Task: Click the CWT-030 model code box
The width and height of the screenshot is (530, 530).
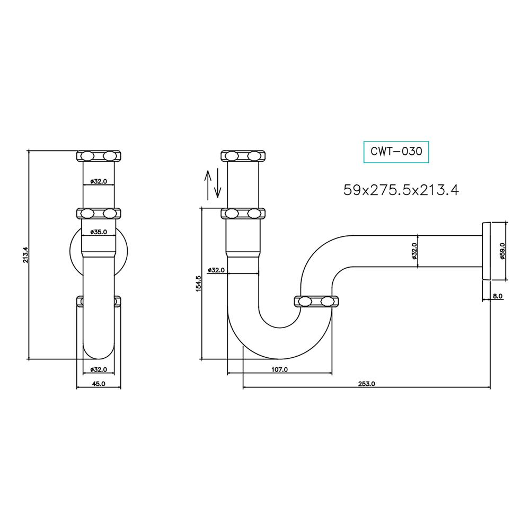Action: [396, 152]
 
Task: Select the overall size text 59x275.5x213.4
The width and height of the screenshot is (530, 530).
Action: [401, 190]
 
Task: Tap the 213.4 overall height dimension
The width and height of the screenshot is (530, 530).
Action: [24, 255]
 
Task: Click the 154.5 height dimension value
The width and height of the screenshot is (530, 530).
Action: [198, 284]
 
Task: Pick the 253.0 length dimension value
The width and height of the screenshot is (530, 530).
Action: [366, 384]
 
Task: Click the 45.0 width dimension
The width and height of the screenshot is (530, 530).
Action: [99, 384]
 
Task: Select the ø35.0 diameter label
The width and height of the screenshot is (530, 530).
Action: [99, 232]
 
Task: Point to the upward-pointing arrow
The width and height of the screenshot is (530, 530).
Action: [208, 184]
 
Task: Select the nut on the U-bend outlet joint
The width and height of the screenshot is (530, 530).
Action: [316, 302]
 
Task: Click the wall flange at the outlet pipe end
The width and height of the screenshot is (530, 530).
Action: [487, 250]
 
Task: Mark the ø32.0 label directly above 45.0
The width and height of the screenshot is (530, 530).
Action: [99, 369]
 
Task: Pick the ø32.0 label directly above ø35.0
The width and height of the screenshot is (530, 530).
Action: [99, 181]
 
